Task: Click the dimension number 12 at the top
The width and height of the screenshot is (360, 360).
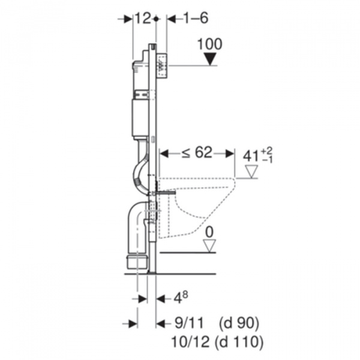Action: (143, 19)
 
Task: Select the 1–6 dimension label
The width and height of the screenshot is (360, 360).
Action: (196, 19)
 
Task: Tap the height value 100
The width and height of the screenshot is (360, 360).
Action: (210, 44)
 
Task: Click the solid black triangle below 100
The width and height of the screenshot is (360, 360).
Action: (211, 59)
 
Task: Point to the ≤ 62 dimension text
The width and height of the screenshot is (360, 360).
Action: (197, 152)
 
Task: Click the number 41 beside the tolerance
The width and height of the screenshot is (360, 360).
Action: (251, 157)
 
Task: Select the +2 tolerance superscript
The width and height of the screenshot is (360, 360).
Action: (267, 151)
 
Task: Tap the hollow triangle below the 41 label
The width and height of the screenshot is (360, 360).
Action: (251, 172)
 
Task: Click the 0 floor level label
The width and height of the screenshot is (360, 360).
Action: (209, 232)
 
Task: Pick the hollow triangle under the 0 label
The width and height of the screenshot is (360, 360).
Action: (210, 246)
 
